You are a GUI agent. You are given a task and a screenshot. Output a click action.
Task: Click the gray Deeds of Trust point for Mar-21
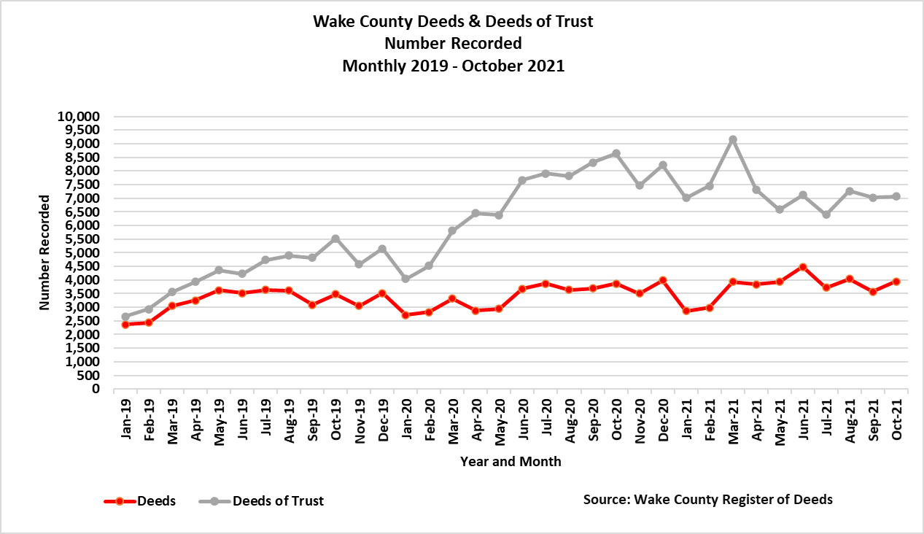(733, 139)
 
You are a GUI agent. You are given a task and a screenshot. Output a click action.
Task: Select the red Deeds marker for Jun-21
(803, 267)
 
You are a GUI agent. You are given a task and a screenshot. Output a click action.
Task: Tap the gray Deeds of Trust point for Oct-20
(616, 154)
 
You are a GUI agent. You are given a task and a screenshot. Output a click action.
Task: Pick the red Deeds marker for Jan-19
(125, 325)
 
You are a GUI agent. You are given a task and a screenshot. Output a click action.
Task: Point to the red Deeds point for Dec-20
(663, 280)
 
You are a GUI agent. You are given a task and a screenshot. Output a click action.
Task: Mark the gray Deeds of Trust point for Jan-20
(405, 279)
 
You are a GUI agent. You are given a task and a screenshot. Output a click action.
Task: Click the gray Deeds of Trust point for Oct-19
(335, 239)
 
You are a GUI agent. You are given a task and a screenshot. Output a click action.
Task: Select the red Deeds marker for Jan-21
(686, 311)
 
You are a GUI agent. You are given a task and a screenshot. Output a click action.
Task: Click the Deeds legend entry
(140, 501)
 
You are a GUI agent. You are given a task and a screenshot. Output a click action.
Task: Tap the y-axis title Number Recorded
(46, 252)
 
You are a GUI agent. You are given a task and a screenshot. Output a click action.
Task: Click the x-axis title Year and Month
(510, 461)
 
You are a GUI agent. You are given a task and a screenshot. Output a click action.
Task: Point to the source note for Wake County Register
(707, 500)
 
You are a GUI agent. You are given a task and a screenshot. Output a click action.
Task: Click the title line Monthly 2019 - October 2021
(454, 65)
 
